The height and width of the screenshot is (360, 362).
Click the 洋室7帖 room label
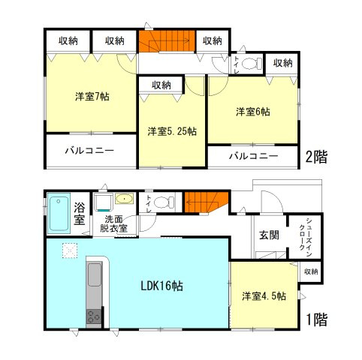tap(92, 97)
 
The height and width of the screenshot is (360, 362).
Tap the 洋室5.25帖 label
tap(171, 130)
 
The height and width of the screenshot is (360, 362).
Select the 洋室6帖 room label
tap(253, 112)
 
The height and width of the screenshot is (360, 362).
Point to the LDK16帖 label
tap(164, 286)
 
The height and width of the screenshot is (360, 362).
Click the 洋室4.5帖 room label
tap(264, 295)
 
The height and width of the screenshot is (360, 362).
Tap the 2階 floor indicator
tap(316, 158)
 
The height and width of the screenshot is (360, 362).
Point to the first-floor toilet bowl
tap(169, 201)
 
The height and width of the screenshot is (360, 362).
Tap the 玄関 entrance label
tap(270, 235)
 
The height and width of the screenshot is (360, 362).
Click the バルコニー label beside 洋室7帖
tap(89, 151)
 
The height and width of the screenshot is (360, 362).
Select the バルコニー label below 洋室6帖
tap(253, 156)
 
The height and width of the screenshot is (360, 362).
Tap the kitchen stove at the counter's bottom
tap(94, 317)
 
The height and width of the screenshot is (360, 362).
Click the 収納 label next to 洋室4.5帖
tap(312, 271)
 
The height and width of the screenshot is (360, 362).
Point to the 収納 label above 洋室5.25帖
tap(161, 85)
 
